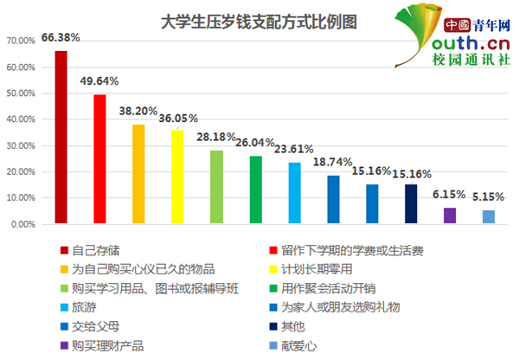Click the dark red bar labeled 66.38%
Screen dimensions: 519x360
click(x=61, y=137)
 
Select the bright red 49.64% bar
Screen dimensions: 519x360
click(x=99, y=159)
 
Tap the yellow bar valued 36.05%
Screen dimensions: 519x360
click(x=177, y=177)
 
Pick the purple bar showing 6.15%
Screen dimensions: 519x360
click(x=450, y=215)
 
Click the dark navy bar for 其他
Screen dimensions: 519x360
click(x=411, y=204)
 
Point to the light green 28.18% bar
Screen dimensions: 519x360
click(x=216, y=187)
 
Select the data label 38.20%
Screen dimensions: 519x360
click(x=138, y=111)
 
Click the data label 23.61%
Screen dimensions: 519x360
click(x=294, y=149)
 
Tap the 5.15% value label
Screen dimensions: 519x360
click(x=488, y=197)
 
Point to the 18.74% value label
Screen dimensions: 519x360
click(x=332, y=162)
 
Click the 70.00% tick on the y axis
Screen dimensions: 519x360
click(x=21, y=41)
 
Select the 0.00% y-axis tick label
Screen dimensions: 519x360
click(x=23, y=224)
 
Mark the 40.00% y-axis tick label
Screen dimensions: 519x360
click(x=21, y=119)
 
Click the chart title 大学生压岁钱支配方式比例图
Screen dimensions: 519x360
click(x=259, y=22)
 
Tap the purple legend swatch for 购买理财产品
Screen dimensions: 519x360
click(x=64, y=346)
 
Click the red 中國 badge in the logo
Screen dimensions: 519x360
click(x=457, y=25)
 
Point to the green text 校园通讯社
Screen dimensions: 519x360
click(x=471, y=60)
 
